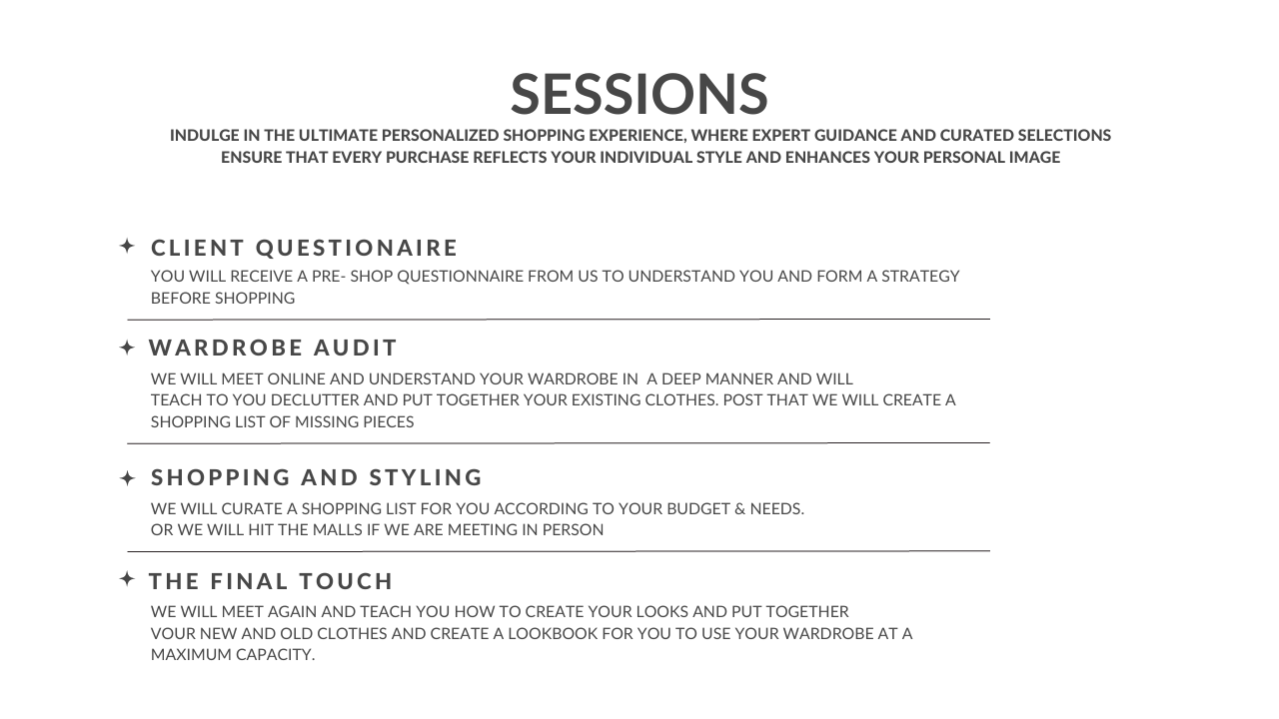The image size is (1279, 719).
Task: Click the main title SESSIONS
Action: coord(639,94)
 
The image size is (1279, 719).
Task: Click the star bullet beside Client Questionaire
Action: coord(127,246)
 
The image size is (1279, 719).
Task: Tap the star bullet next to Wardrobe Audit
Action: coord(127,348)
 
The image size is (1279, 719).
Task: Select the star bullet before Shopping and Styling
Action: coord(127,478)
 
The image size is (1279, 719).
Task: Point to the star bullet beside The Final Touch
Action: coord(127,579)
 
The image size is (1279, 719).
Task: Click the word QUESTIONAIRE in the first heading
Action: coord(357,248)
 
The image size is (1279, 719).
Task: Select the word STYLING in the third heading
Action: coord(426,477)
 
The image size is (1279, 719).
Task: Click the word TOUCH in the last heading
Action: coord(346,581)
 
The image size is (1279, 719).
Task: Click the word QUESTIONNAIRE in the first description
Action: coord(461,277)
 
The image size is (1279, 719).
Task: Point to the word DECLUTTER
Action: coord(315,400)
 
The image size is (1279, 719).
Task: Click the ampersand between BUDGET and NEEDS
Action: coord(740,508)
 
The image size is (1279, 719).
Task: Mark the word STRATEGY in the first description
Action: coord(920,277)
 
